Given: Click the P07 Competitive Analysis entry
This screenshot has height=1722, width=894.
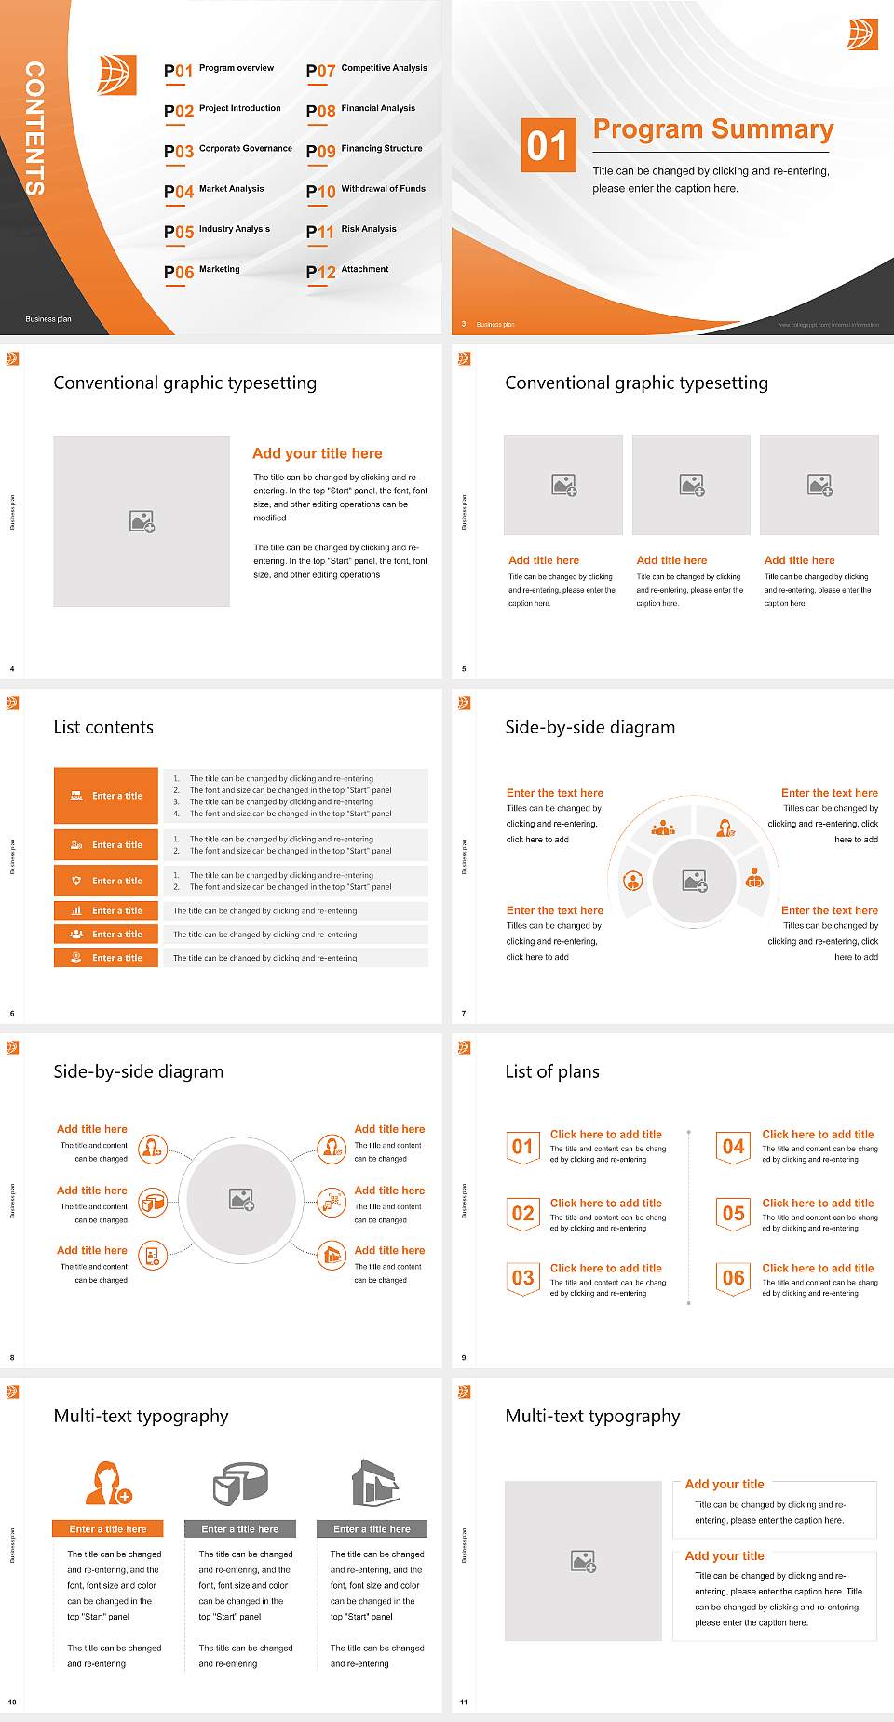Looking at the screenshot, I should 367,70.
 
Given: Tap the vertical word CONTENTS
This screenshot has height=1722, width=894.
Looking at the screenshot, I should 34,128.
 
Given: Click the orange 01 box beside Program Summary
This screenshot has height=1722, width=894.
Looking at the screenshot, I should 548,145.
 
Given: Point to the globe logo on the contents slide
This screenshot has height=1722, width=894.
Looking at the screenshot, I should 117,75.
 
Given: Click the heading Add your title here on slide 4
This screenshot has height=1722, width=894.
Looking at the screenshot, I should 317,453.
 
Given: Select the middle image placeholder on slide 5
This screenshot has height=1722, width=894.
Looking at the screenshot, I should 691,485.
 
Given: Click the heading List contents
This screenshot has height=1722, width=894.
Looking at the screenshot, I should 103,727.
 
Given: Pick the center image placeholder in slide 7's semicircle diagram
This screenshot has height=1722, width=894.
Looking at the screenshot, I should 694,881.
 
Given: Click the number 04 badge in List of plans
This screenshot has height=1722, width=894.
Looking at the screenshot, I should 734,1147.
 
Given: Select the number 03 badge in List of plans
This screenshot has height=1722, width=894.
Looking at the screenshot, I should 522,1278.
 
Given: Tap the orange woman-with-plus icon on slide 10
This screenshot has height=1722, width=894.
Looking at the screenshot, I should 108,1484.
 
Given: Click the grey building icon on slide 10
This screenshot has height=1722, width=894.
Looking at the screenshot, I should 375,1483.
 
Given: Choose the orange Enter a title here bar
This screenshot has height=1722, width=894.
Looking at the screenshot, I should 108,1528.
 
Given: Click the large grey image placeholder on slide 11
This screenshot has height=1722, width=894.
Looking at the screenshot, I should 583,1561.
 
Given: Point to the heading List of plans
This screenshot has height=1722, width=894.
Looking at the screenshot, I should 552,1071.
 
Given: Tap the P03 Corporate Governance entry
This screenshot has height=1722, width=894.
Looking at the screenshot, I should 228,150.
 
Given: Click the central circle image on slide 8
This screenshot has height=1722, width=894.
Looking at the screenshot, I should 242,1199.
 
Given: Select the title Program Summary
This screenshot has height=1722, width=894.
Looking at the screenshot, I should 712,129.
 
